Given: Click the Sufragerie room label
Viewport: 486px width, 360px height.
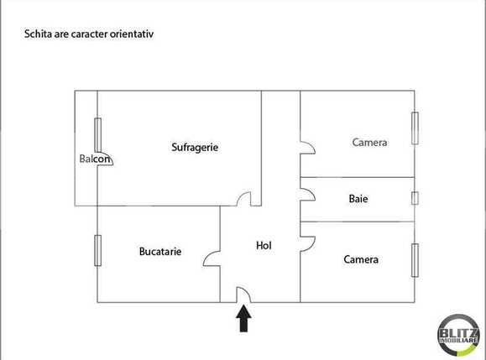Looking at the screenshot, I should click(195, 147).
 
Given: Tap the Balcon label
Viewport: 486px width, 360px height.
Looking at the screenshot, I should click(94, 159).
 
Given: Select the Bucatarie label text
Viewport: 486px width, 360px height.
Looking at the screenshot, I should click(159, 251).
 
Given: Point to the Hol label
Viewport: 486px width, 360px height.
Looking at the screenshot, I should click(264, 246).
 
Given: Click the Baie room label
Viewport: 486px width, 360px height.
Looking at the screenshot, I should click(358, 200).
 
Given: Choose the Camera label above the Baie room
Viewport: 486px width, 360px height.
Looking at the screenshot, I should click(369, 143).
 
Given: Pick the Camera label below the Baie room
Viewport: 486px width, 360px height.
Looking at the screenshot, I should click(361, 259).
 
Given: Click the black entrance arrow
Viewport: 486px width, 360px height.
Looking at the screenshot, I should click(243, 318).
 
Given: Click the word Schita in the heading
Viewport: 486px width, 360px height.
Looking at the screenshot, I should click(39, 35).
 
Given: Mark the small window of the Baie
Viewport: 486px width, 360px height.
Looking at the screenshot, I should click(415, 199).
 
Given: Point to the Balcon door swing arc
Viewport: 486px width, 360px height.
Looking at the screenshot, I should click(107, 159).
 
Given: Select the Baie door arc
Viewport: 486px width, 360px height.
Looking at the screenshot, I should click(307, 196).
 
